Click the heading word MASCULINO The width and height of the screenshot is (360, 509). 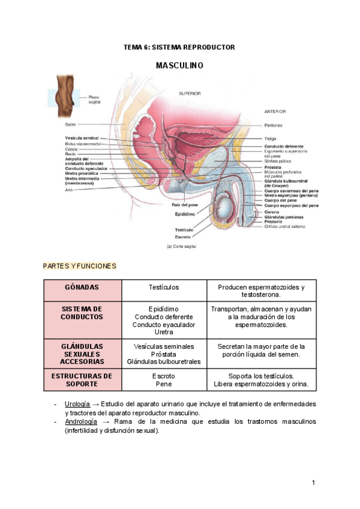pos(179,65)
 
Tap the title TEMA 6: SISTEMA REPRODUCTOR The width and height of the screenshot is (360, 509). pos(179,47)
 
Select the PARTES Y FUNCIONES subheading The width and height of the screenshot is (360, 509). pos(80,266)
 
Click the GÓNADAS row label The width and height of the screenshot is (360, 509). pos(82,288)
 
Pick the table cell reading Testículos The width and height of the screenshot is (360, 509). pos(164,288)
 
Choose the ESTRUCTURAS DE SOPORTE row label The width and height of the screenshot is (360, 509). pos(82,380)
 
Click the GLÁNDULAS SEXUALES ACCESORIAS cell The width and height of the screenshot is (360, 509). pos(82,354)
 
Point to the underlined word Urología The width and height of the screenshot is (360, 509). pos(77,404)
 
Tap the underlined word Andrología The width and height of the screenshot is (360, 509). pos(81,421)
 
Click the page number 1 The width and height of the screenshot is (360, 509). pos(313,483)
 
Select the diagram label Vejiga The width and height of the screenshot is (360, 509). pos(270,139)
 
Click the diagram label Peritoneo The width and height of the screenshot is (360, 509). pos(274,125)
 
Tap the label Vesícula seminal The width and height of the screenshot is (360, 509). pos(82,138)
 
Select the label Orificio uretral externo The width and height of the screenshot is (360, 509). pos(285,226)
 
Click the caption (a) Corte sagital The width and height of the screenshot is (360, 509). pos(181,246)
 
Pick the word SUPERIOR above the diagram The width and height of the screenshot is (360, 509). pos(190,94)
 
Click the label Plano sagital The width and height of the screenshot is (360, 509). pos(94,100)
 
